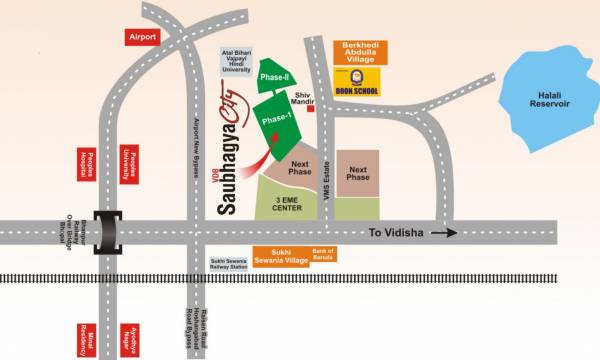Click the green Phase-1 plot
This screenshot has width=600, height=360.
click(277, 121)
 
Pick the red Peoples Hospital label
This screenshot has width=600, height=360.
click(87, 165)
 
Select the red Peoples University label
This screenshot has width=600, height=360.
click(127, 165)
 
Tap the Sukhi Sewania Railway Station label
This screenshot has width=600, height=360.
click(228, 264)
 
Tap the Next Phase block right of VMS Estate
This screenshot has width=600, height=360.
click(358, 174)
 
